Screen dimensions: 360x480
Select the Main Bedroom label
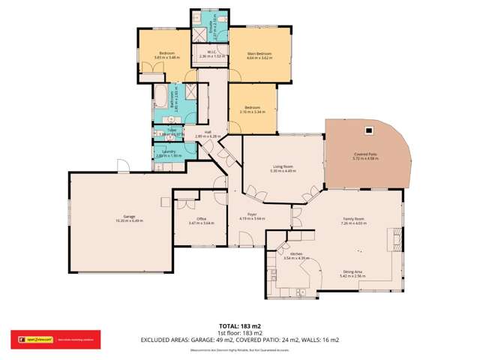259,53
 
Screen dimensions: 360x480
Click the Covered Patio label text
365,154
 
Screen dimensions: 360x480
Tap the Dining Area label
352,272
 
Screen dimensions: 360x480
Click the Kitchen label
295,255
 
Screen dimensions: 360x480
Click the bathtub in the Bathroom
161,98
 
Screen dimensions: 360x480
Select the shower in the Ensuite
201,32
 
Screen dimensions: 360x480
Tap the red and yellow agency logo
30,339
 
